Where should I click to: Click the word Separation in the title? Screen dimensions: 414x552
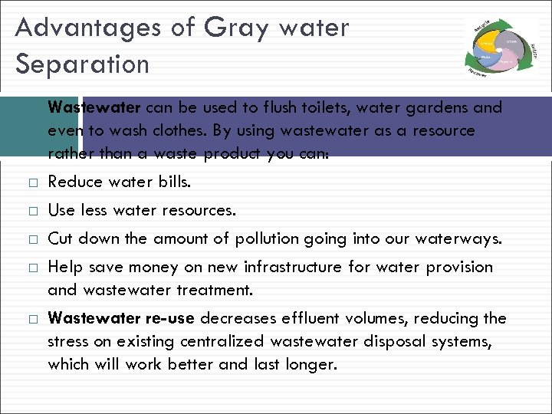click(x=82, y=64)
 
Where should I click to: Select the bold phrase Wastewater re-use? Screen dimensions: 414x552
click(x=121, y=318)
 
